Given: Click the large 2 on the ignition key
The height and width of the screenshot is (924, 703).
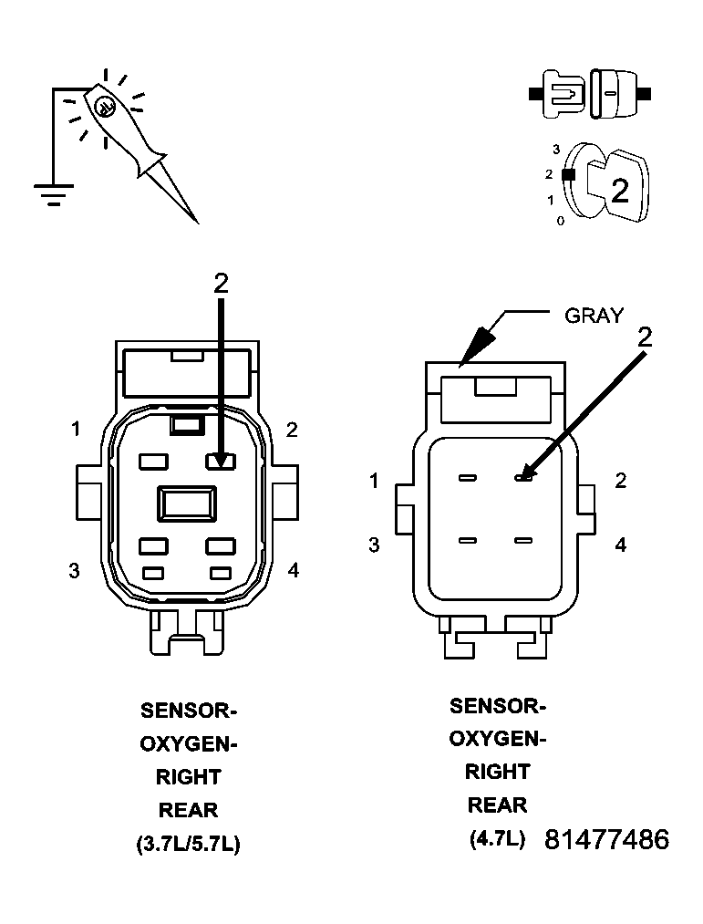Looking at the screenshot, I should pos(619,190).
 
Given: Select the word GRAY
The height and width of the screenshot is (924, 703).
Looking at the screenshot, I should pos(594,316).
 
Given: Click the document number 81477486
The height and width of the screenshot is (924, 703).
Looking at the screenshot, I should pos(606,839).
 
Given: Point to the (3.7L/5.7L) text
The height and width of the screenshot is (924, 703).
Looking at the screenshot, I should pos(188,844).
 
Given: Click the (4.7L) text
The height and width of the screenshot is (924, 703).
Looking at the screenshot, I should pos(497,838).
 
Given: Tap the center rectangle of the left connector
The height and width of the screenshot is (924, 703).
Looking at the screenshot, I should pos(188,502).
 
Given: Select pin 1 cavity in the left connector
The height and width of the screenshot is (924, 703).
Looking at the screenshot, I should pos(153,462).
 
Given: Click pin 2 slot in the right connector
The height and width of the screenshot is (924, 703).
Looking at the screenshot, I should pos(522,478).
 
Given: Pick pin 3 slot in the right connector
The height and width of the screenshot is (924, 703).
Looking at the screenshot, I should pos(468,541).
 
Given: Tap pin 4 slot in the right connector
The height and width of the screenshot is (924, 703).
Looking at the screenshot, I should pos(522,541).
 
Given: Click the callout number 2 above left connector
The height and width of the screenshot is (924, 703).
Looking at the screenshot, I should pos(221,284).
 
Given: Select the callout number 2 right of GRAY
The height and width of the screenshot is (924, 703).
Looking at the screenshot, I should pos(645,337).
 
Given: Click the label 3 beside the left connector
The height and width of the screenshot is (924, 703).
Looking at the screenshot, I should pos(74,571).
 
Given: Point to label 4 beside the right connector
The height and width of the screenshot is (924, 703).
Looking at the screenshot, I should pos(620,545).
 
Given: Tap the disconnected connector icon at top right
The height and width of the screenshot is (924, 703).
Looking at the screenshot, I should pos(591,94).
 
